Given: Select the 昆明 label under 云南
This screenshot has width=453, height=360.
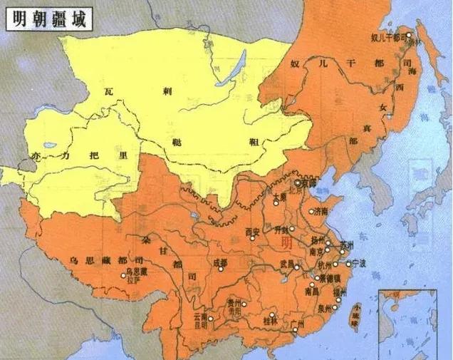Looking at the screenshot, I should pos(200,324).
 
